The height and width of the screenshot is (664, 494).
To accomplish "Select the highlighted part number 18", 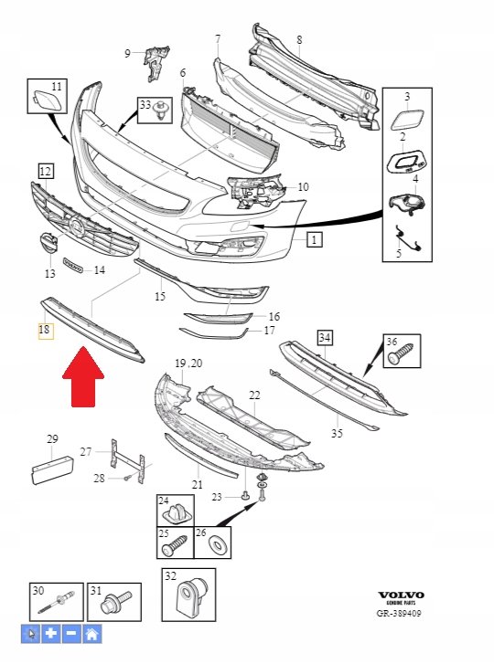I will (45, 330).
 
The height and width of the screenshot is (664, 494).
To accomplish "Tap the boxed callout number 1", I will (314, 241).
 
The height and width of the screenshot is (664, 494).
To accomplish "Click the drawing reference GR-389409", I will (399, 614).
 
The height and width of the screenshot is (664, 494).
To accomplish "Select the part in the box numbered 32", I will (193, 597).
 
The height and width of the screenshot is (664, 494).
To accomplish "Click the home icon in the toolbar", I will (91, 634).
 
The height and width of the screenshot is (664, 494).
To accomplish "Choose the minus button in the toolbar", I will (71, 634).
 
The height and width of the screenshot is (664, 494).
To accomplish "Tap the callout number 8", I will (299, 39).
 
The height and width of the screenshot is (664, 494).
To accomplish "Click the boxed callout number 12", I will (46, 170).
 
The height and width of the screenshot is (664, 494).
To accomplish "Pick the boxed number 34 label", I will (324, 339).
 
